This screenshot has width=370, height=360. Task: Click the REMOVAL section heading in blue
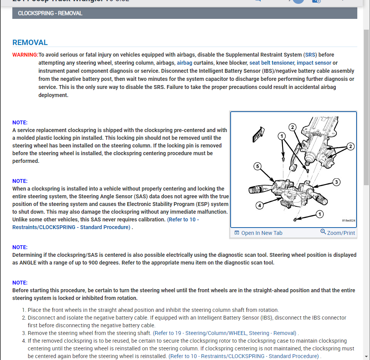tap(30, 43)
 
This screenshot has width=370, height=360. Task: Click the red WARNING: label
tap(25, 55)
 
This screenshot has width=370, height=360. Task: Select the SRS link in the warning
tap(310, 55)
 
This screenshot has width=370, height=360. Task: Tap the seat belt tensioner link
tap(272, 63)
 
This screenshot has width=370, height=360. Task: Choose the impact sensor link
tap(314, 63)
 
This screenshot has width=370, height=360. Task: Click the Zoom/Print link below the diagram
tap(338, 233)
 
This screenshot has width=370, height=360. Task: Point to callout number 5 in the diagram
tap(258, 166)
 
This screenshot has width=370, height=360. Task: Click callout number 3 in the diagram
tap(336, 182)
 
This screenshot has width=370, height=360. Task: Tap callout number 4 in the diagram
tap(260, 206)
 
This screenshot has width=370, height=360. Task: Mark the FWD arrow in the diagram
tap(257, 135)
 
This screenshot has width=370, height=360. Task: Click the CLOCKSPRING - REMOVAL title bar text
tap(50, 13)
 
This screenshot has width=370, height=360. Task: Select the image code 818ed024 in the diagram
tap(348, 221)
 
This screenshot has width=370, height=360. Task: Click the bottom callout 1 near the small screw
tap(320, 214)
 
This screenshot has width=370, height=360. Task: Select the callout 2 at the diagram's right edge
tap(350, 146)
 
